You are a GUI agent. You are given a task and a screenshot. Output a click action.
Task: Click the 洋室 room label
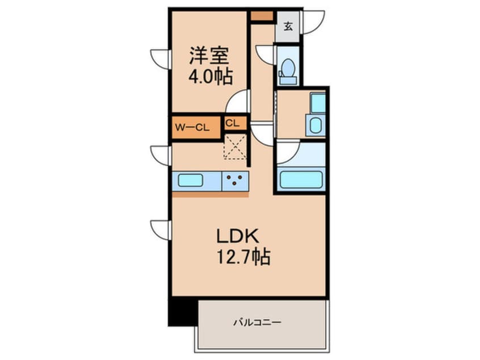(209, 57)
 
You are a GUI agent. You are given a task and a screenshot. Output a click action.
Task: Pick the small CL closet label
(232, 123)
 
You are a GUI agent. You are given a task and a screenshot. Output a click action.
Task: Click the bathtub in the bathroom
(301, 179)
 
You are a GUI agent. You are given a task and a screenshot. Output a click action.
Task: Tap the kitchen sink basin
(191, 180)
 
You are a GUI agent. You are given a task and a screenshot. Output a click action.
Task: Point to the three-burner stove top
(235, 181)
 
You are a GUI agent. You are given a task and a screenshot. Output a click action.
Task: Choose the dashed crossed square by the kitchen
(234, 146)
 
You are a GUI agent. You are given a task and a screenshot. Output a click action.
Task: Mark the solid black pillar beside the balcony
(182, 312)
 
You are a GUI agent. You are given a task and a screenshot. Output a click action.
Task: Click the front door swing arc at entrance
(313, 22)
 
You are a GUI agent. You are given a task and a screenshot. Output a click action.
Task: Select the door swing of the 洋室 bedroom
(238, 102)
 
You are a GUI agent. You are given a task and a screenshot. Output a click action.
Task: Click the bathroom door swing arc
(287, 152)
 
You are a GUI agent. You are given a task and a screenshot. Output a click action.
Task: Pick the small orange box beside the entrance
(262, 16)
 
